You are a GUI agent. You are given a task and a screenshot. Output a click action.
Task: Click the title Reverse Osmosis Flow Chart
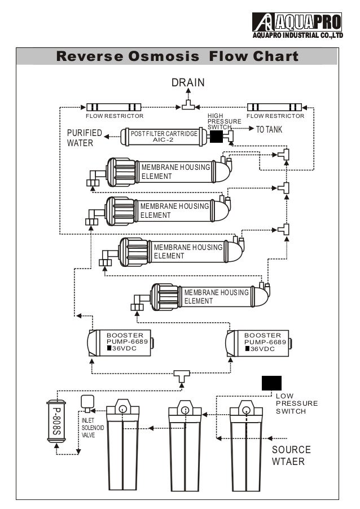[177, 57]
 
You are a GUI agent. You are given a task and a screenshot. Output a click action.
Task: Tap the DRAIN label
[188, 83]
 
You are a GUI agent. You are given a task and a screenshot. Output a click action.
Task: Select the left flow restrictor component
[113, 107]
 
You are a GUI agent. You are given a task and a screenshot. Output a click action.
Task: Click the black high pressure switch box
[216, 136]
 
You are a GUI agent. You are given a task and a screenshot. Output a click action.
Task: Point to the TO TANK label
[269, 130]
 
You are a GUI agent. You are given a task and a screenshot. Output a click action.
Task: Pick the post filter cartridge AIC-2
[161, 137]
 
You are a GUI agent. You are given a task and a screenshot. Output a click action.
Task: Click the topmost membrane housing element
[169, 172]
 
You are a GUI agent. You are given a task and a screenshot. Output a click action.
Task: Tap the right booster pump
[257, 343]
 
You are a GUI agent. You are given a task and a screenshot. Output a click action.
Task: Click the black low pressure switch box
[271, 383]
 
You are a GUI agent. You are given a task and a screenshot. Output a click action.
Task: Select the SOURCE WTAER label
[291, 455]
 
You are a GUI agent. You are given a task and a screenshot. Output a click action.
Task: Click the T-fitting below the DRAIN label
[187, 105]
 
